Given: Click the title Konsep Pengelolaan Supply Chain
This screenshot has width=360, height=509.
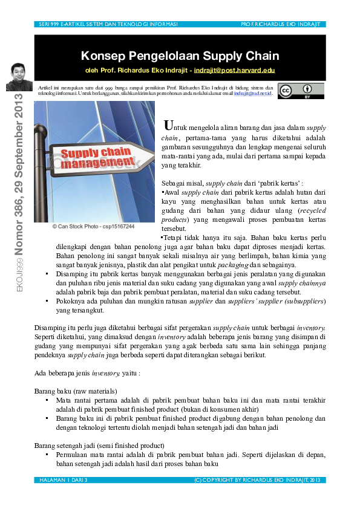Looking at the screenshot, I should tap(180, 56).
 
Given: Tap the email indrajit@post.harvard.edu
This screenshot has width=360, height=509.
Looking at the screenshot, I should tap(234, 71).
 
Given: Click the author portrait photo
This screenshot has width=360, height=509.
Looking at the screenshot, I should tap(19, 77).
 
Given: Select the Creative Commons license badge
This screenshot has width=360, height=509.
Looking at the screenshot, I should tap(301, 91).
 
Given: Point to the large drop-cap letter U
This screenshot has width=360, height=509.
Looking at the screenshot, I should tap(170, 126).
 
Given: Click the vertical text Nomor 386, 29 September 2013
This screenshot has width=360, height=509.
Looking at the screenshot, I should tap(19, 175).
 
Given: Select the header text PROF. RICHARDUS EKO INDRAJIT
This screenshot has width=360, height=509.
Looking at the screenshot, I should tap(283, 24).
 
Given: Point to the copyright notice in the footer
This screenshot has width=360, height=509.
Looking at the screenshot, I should tap(260, 479).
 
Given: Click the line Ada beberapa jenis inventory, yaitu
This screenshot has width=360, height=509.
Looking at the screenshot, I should tap(88, 373).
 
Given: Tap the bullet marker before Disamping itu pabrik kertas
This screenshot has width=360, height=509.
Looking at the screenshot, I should tap(48, 274).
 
